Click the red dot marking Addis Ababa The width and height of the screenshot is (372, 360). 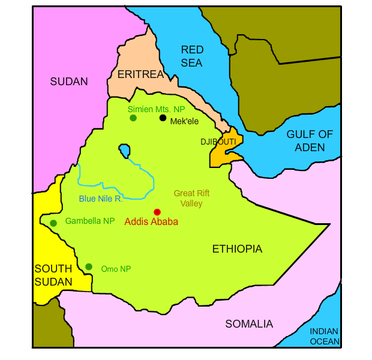[x=157, y=212]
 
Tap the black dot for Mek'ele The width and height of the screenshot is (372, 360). [x=163, y=118]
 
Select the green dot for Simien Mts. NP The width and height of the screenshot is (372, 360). [x=133, y=118]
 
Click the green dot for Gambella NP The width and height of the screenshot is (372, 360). [x=53, y=223]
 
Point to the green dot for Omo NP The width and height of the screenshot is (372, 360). [x=89, y=266]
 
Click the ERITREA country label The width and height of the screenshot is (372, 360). [x=140, y=74]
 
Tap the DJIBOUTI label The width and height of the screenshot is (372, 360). [x=218, y=142]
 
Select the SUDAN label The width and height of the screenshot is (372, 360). [x=69, y=82]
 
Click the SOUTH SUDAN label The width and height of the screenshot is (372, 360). [x=53, y=275]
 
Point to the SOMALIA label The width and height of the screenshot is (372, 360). [x=249, y=324]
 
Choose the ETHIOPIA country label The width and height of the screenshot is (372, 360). [x=237, y=249]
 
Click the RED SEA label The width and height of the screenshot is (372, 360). [x=192, y=56]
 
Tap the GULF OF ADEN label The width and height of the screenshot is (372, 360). [x=309, y=140]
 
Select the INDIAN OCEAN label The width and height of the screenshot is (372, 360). [x=324, y=337]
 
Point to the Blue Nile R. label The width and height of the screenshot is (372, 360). [x=101, y=199]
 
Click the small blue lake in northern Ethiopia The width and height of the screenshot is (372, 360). [x=124, y=150]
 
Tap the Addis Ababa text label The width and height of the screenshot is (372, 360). [x=151, y=222]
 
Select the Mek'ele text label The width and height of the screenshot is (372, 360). [x=184, y=121]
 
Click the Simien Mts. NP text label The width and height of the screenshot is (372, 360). [x=156, y=109]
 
